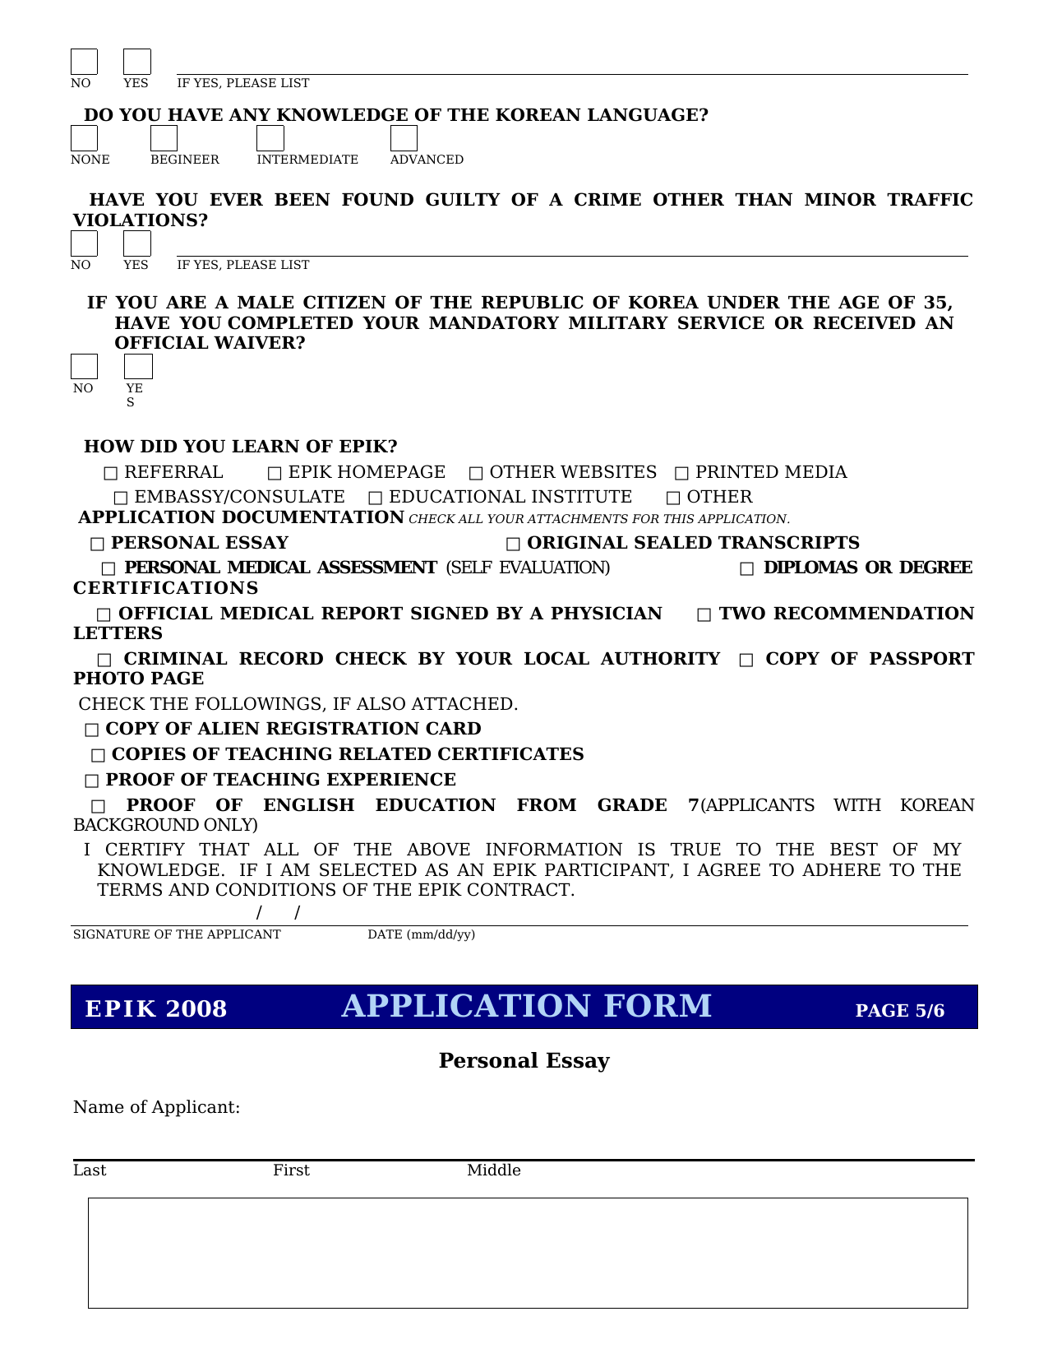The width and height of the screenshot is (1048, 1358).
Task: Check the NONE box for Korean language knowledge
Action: (x=84, y=138)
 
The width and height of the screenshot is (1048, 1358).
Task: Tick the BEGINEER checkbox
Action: (x=164, y=138)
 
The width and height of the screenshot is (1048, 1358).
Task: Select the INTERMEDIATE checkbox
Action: (x=270, y=138)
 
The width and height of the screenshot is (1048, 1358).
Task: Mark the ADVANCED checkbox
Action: (x=404, y=138)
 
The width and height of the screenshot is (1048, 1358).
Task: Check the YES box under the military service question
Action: (x=138, y=367)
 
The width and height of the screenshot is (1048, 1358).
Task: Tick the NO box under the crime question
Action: (x=84, y=244)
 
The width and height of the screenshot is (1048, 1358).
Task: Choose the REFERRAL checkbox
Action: (x=111, y=474)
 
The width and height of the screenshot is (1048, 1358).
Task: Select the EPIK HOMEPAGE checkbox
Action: (x=275, y=474)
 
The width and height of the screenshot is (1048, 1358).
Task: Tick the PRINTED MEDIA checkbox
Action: (x=681, y=474)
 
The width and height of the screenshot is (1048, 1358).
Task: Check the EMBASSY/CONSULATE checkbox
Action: (x=121, y=498)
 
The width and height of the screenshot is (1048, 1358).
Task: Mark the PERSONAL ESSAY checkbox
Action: (x=98, y=545)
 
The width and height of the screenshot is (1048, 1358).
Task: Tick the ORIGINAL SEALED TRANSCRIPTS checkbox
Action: (x=513, y=545)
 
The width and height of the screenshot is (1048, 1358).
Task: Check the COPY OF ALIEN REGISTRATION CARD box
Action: (x=91, y=730)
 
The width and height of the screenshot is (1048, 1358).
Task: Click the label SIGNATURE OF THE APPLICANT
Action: (x=177, y=934)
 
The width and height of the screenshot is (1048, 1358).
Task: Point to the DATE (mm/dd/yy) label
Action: (x=421, y=934)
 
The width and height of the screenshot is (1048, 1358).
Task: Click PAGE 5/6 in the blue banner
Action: (x=899, y=1011)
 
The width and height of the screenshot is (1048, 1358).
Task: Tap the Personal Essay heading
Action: (x=524, y=1061)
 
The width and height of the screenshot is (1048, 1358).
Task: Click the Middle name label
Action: (x=493, y=1170)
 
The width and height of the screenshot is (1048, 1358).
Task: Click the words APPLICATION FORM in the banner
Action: (x=526, y=1007)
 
